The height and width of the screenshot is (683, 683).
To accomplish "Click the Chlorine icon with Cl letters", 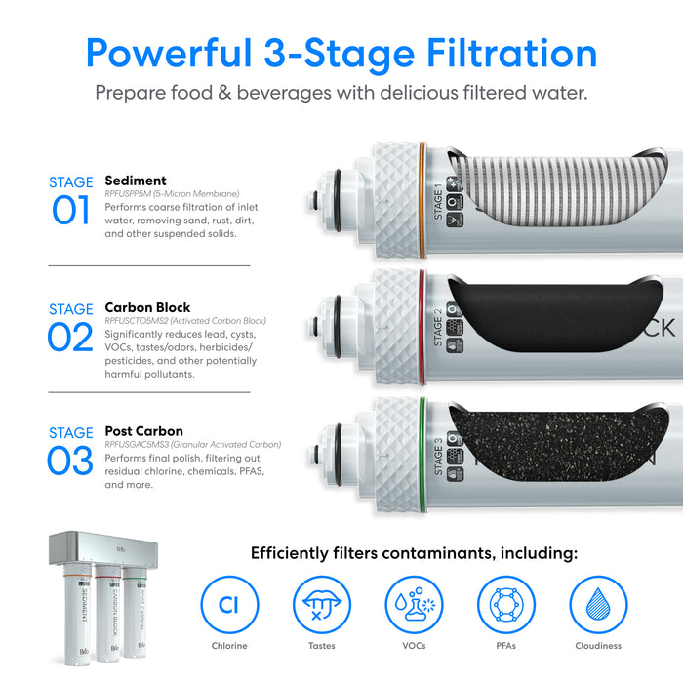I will pyautogui.click(x=228, y=604).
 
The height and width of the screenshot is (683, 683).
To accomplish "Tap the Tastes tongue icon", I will pyautogui.click(x=321, y=604).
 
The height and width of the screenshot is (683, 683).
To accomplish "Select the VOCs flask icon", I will pyautogui.click(x=414, y=604).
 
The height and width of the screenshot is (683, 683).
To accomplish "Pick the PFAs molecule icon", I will pyautogui.click(x=505, y=604).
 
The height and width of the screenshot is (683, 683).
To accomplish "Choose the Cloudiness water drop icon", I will pyautogui.click(x=598, y=604).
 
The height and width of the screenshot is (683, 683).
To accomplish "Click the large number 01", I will pyautogui.click(x=70, y=211).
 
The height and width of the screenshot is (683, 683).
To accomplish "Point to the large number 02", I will pyautogui.click(x=70, y=337).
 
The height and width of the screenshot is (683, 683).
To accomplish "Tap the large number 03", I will pyautogui.click(x=70, y=461).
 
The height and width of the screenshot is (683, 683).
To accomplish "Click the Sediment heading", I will pyautogui.click(x=135, y=181).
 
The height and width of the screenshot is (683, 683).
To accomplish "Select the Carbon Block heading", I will pyautogui.click(x=147, y=307).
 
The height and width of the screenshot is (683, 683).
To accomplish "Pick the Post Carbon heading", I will pyautogui.click(x=143, y=431).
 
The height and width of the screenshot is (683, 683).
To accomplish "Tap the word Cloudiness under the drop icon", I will pyautogui.click(x=598, y=646).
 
